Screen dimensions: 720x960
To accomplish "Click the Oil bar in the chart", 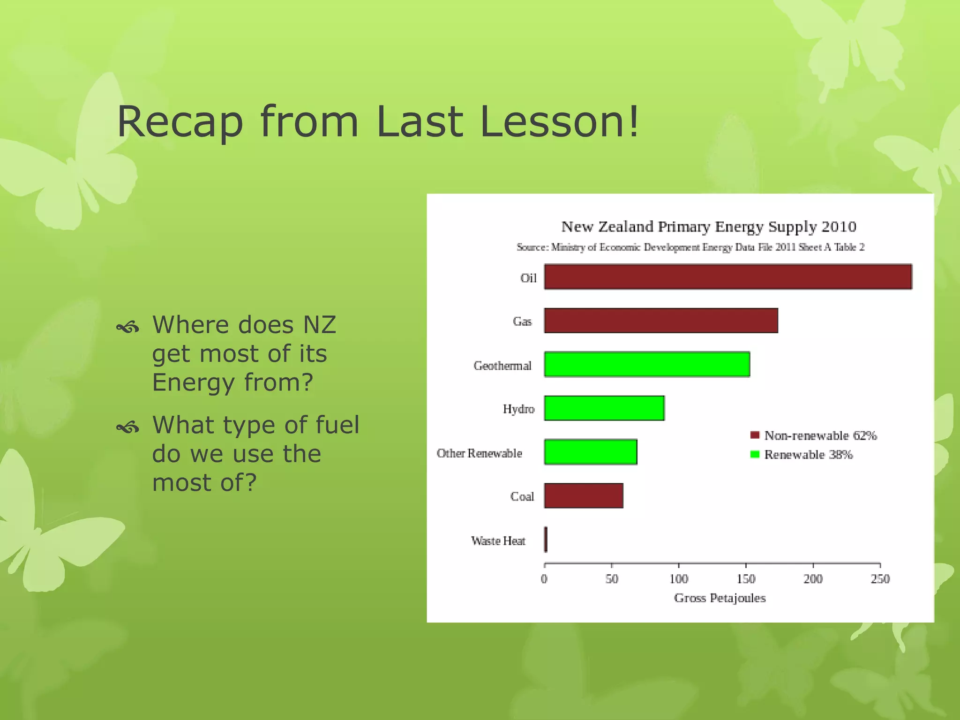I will pos(727,277).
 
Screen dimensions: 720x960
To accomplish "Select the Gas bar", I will pos(661,321).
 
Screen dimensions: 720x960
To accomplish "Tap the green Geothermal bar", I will pos(647,364).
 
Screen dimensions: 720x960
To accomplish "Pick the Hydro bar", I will pos(604,408).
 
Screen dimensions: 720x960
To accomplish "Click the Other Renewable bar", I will pos(591,452).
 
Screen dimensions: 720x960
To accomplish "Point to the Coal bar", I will pos(584,496).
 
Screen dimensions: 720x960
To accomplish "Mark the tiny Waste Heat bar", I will pos(546,540).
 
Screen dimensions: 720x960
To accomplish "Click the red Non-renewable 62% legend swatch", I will pos(755,435).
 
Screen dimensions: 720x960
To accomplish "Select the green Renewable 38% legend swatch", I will pos(755,454).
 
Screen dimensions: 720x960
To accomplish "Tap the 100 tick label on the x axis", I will pos(679,579).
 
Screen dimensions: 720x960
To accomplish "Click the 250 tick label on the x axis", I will pos(880,579).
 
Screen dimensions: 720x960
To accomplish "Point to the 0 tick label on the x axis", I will pos(544,579).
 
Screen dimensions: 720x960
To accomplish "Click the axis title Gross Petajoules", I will pos(720,598).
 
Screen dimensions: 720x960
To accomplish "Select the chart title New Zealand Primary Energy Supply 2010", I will pos(709,227).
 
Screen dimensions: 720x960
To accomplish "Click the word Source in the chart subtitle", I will pos(532,247).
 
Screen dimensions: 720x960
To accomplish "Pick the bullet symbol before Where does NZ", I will pos(127,327).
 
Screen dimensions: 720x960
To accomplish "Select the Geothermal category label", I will pos(502,366).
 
